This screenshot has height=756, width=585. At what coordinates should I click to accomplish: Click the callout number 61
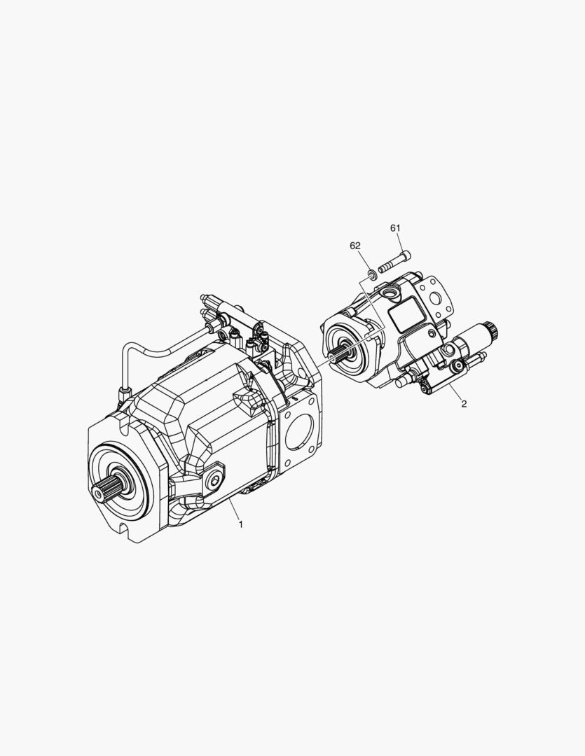(395, 227)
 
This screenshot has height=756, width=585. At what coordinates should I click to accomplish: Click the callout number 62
(355, 246)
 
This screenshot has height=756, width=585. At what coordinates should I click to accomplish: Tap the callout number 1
(241, 524)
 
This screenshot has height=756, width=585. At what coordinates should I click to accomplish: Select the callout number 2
(464, 404)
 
